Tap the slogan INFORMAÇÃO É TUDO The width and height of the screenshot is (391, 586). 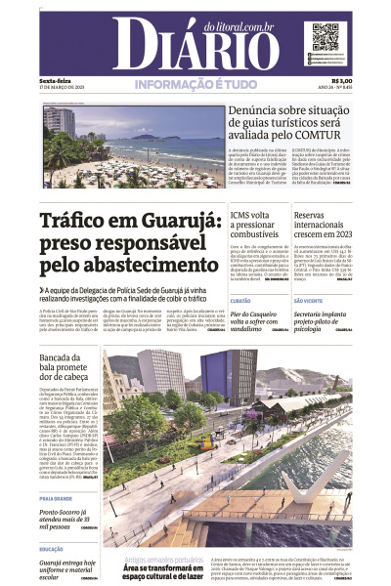(x=195, y=85)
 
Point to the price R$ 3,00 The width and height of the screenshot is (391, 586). (x=341, y=81)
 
